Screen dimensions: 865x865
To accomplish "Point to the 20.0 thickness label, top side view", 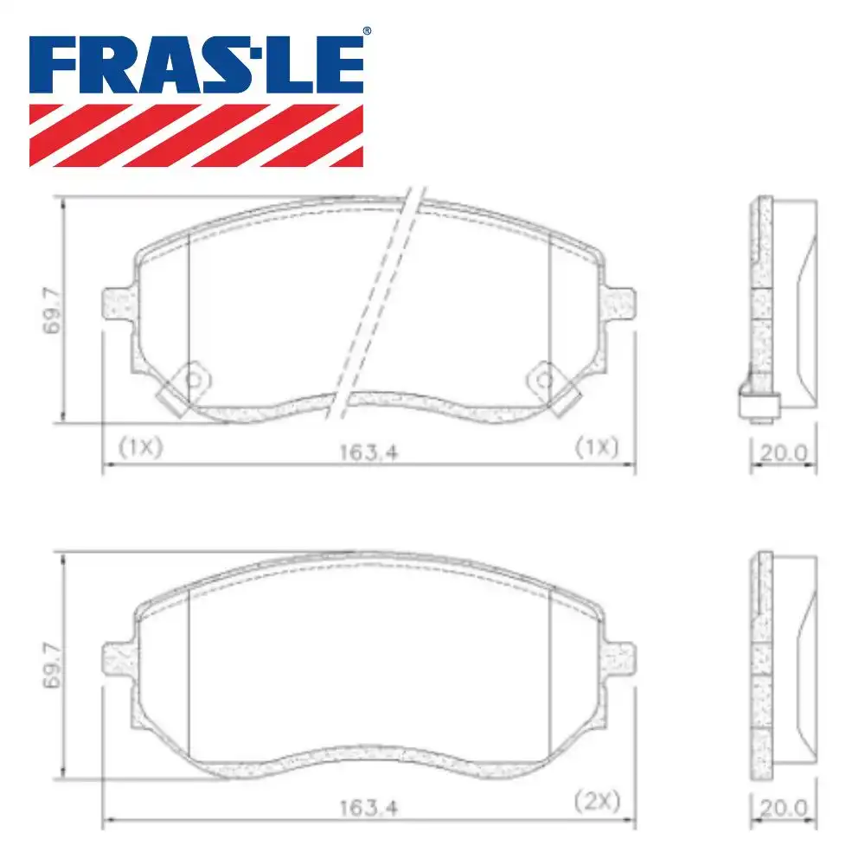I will (783, 452).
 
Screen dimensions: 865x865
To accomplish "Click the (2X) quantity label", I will (597, 801).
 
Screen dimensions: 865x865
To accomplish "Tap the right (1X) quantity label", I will (597, 446).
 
